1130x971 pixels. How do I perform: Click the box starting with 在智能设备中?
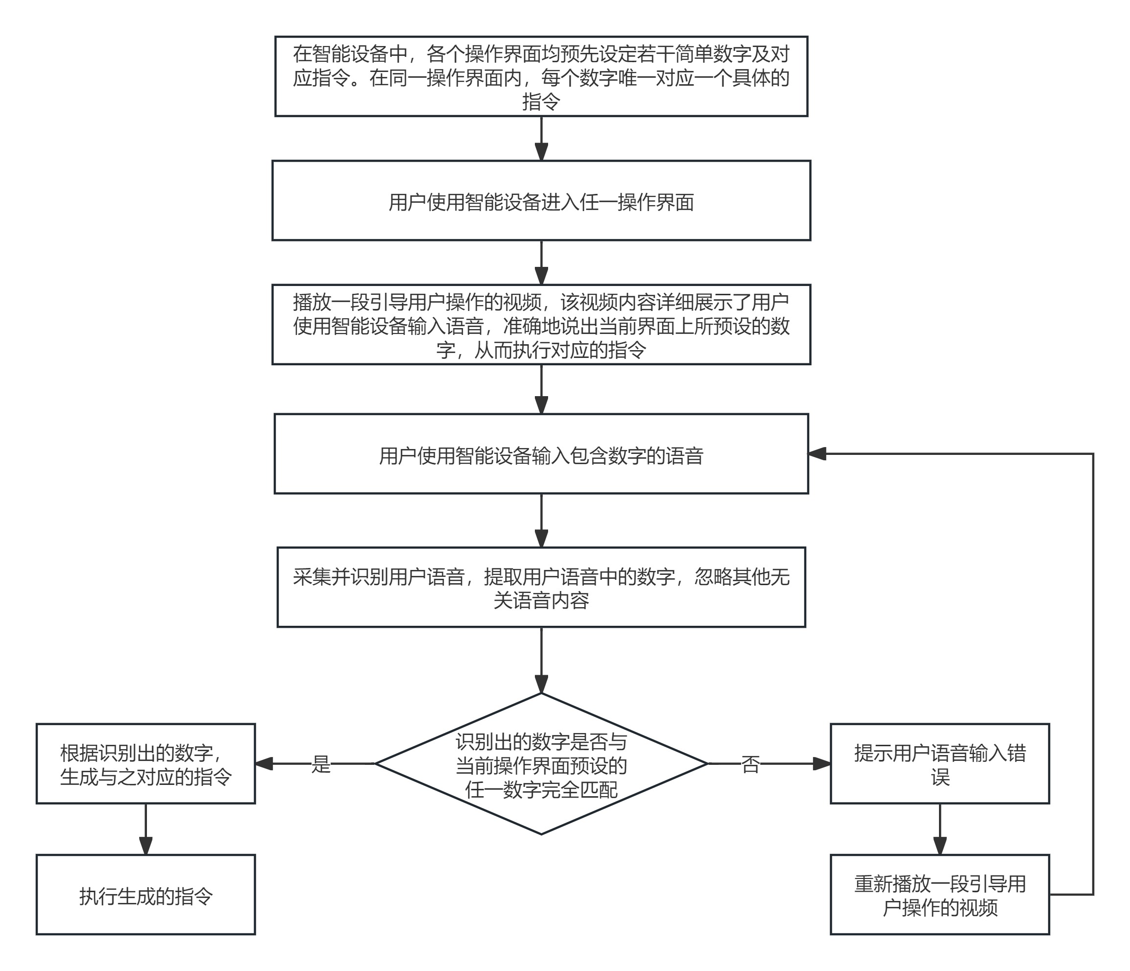[541, 76]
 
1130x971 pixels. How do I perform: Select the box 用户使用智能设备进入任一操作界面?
[541, 201]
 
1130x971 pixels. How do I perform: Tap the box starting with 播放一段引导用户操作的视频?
[541, 324]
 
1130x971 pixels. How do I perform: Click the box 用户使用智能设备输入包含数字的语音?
[541, 453]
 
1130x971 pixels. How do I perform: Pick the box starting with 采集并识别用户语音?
[541, 587]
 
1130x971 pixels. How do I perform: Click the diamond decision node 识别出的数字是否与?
[541, 764]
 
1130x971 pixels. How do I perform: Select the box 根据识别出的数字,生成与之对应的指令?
[145, 764]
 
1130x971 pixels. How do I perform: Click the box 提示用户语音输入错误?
[939, 764]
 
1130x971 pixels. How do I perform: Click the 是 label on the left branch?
[321, 764]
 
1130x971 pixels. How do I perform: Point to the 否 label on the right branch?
[750, 764]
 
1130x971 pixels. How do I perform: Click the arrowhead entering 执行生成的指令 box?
[145, 846]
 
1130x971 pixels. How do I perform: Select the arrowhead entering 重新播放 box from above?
[939, 846]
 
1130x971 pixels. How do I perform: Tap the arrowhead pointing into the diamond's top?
[541, 684]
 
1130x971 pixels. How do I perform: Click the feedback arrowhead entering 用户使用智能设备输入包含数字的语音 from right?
[817, 453]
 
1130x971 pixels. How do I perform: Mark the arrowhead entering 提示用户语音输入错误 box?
[822, 764]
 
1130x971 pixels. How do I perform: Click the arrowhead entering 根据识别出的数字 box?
[264, 764]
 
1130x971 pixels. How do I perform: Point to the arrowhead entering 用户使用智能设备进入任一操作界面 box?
[541, 152]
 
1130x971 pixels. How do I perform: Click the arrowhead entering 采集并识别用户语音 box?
[541, 539]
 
